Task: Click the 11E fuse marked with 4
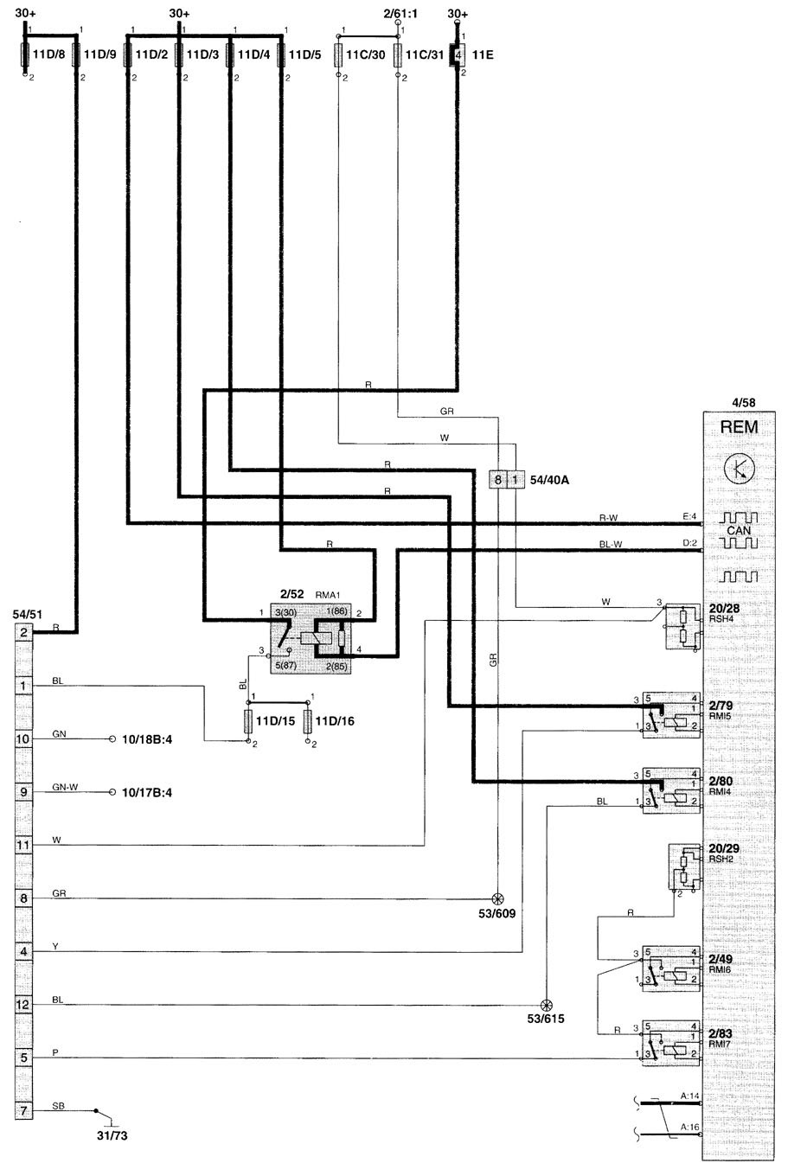(458, 54)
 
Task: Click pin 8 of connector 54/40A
(498, 478)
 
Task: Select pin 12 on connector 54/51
(24, 1004)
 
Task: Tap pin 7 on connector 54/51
(24, 1109)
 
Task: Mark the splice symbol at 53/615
(546, 1005)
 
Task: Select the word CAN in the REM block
(739, 530)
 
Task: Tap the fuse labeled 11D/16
(308, 719)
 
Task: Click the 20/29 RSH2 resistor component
(686, 867)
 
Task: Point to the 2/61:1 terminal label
(400, 15)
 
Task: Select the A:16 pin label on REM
(689, 1126)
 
